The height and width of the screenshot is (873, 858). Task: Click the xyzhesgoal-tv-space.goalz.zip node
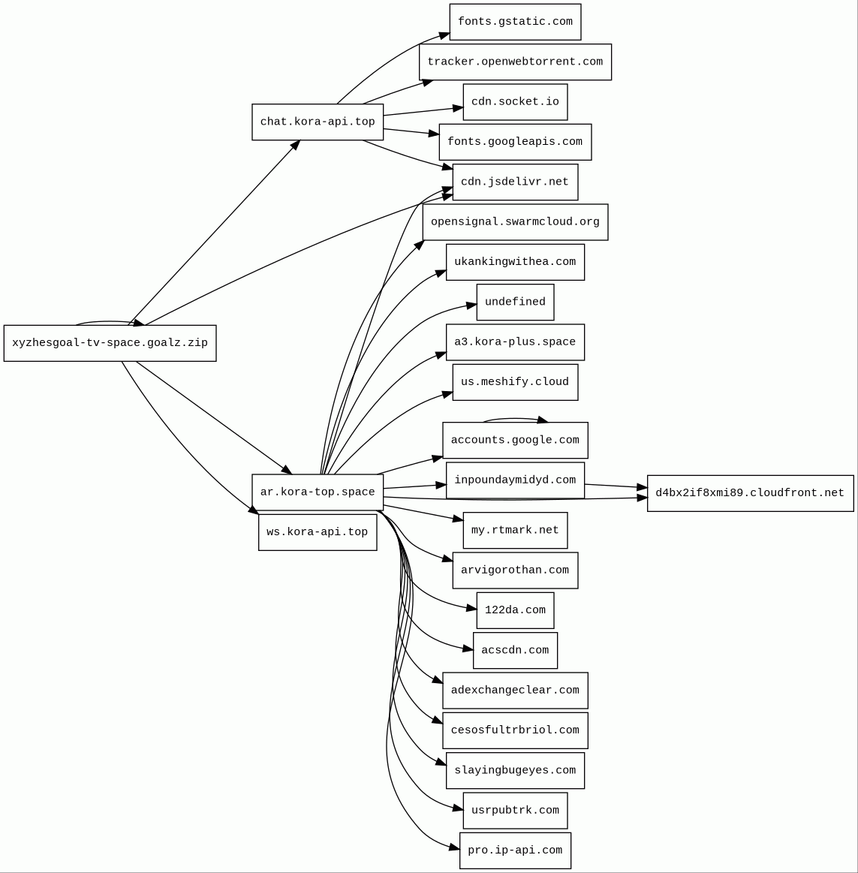(x=110, y=343)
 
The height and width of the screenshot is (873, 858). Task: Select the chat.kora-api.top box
(x=318, y=122)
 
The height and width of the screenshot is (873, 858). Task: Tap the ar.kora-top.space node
(x=318, y=492)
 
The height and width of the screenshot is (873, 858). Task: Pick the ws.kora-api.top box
(x=318, y=532)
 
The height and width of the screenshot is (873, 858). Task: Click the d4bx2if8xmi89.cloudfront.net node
(x=750, y=493)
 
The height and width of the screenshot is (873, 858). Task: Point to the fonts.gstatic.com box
(x=515, y=22)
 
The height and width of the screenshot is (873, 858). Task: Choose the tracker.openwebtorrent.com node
(x=515, y=62)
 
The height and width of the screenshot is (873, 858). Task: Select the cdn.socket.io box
(x=515, y=102)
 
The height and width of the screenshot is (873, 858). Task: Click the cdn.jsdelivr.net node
(x=515, y=182)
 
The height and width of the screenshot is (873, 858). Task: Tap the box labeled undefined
(x=515, y=302)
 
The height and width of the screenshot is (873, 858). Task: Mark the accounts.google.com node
(x=515, y=440)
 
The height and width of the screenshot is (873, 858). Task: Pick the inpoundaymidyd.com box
(x=515, y=480)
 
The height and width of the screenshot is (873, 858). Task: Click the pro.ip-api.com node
(x=515, y=850)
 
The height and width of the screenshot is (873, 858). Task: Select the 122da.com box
(x=515, y=610)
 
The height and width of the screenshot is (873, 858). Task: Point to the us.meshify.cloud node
(x=515, y=382)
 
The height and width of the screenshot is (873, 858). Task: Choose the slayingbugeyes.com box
(x=515, y=770)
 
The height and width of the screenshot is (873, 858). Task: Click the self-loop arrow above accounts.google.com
(x=515, y=419)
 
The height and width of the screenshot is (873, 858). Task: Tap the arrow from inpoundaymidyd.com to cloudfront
(x=616, y=486)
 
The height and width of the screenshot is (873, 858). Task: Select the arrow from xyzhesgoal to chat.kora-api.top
(x=214, y=233)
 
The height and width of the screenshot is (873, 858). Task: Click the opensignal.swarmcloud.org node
(x=515, y=222)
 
